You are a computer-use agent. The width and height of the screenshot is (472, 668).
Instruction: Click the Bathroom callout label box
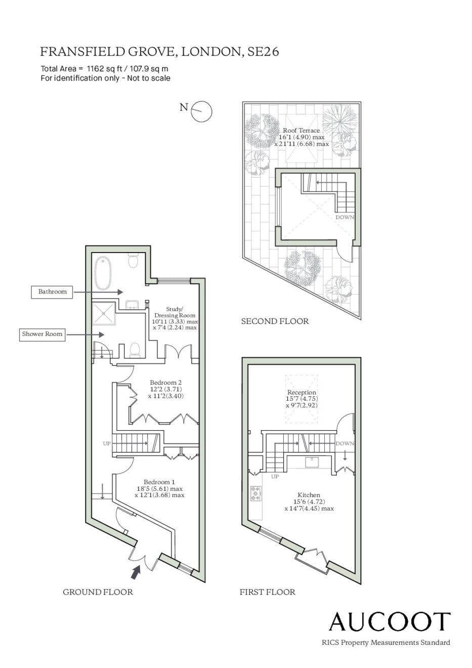(x=52, y=291)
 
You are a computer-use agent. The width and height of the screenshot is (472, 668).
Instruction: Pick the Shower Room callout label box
(x=42, y=334)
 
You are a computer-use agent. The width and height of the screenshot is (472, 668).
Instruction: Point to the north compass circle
(x=201, y=111)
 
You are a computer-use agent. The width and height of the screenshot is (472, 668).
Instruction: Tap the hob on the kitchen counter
(x=256, y=493)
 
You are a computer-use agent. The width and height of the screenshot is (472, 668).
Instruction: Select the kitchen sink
(x=312, y=462)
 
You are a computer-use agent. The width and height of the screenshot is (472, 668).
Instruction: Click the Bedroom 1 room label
(x=159, y=488)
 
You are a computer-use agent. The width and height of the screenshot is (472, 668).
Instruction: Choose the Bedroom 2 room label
(x=166, y=389)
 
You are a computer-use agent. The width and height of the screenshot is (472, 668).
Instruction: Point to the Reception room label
(x=302, y=399)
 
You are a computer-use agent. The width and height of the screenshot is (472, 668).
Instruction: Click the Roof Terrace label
(x=302, y=137)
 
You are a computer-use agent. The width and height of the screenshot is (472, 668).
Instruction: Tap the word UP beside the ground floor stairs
(x=107, y=443)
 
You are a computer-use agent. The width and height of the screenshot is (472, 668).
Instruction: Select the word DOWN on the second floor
(x=345, y=218)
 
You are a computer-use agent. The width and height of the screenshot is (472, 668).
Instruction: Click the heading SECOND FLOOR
(x=275, y=321)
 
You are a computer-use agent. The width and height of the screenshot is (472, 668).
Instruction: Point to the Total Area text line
(x=104, y=69)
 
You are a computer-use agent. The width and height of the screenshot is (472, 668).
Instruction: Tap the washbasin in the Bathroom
(x=132, y=305)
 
